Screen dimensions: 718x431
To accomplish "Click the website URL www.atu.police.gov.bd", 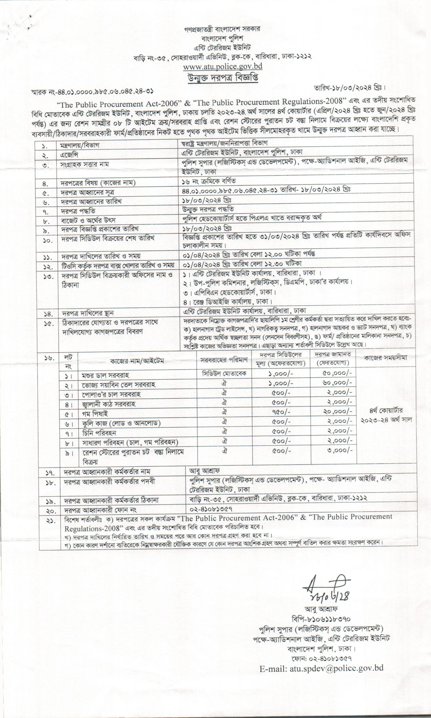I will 223,66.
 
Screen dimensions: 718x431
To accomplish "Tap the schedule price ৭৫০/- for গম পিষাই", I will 281,412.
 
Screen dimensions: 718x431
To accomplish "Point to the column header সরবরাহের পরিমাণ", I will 224,360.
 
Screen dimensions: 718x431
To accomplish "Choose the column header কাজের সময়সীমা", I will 386,358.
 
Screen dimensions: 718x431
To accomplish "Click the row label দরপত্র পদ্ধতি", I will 78,211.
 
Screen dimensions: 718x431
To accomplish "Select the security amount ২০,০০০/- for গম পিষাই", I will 337,412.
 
